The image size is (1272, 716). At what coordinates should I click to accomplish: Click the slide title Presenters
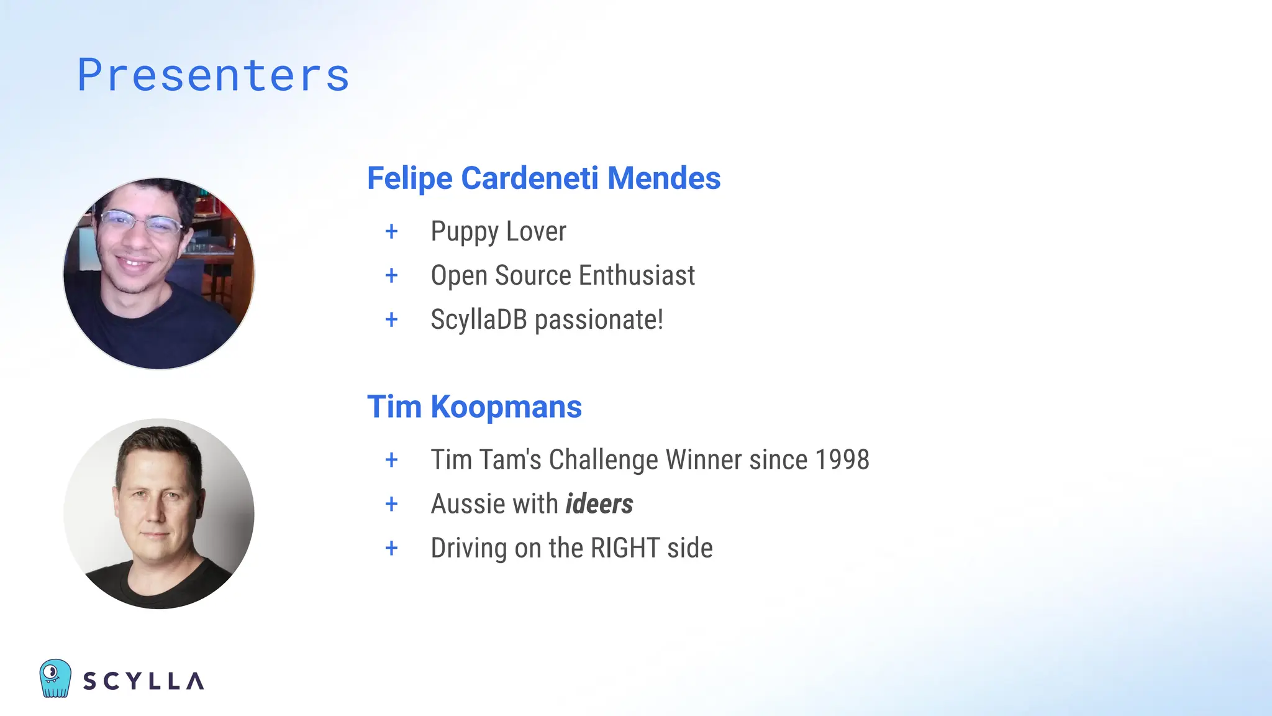213,75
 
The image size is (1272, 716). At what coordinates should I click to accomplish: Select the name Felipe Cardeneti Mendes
543,178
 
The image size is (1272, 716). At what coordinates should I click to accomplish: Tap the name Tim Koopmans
474,407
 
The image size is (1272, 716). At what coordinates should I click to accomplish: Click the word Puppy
464,232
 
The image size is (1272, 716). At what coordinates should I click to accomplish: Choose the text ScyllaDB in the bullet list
478,320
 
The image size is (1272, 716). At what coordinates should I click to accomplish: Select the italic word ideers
599,504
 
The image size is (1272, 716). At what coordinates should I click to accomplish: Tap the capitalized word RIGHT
624,548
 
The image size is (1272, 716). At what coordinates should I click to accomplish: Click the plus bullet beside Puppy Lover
391,232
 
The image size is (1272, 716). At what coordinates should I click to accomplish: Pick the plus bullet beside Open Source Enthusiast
391,275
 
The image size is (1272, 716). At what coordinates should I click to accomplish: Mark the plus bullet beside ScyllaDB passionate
391,320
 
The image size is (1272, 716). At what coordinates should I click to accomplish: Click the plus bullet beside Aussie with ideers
391,504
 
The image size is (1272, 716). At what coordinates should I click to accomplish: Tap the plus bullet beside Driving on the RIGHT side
391,548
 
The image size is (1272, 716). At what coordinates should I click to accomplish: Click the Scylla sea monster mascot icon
55,678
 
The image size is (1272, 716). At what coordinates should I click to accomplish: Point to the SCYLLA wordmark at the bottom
143,681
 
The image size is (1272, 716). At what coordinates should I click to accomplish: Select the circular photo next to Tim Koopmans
159,513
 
